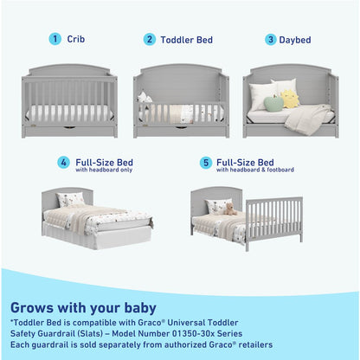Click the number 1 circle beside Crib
pyautogui.click(x=55, y=39)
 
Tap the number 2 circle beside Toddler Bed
pyautogui.click(x=150, y=39)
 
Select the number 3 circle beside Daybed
pyautogui.click(x=270, y=39)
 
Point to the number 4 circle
pyautogui.click(x=63, y=163)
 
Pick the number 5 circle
pyautogui.click(x=205, y=163)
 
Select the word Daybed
pyautogui.click(x=295, y=39)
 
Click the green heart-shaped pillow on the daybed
pyautogui.click(x=273, y=104)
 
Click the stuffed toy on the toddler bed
pyautogui.click(x=145, y=98)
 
